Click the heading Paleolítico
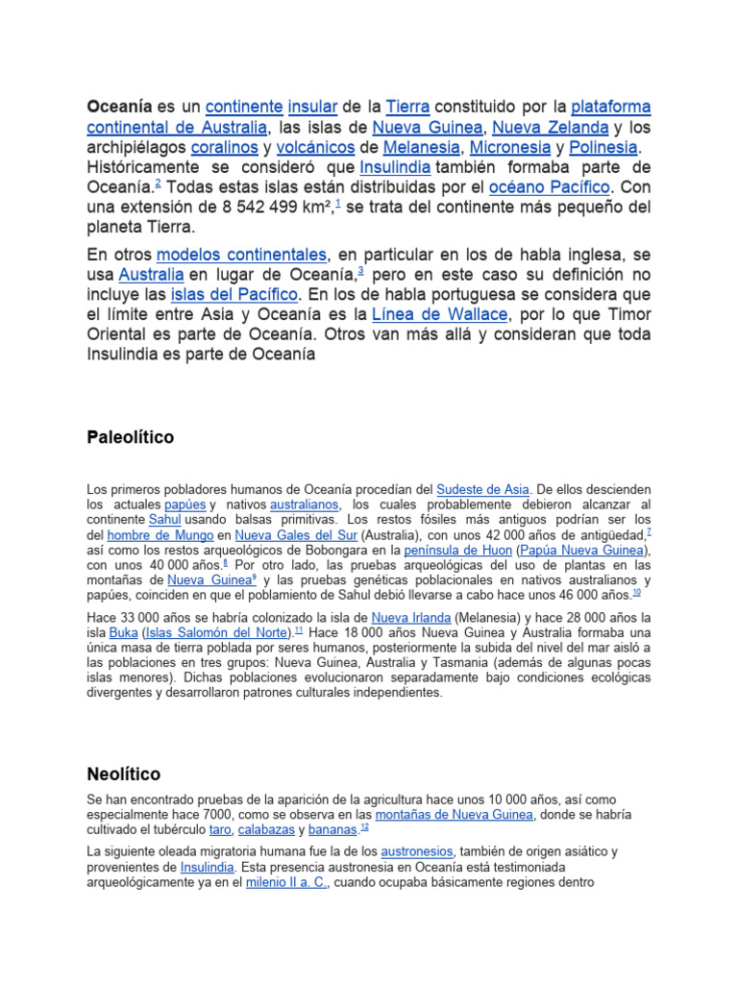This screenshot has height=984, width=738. pyautogui.click(x=131, y=437)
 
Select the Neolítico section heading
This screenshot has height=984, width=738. pyautogui.click(x=124, y=774)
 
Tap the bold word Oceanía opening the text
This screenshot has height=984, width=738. pyautogui.click(x=119, y=106)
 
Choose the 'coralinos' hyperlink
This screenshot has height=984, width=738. pyautogui.click(x=224, y=148)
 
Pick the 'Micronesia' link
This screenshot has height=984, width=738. pyautogui.click(x=509, y=148)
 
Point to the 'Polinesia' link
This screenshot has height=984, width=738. pyautogui.click(x=603, y=148)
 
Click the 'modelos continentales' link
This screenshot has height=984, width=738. pyautogui.click(x=241, y=255)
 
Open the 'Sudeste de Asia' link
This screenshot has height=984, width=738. pyautogui.click(x=482, y=489)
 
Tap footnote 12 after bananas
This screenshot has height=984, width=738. pyautogui.click(x=363, y=827)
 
